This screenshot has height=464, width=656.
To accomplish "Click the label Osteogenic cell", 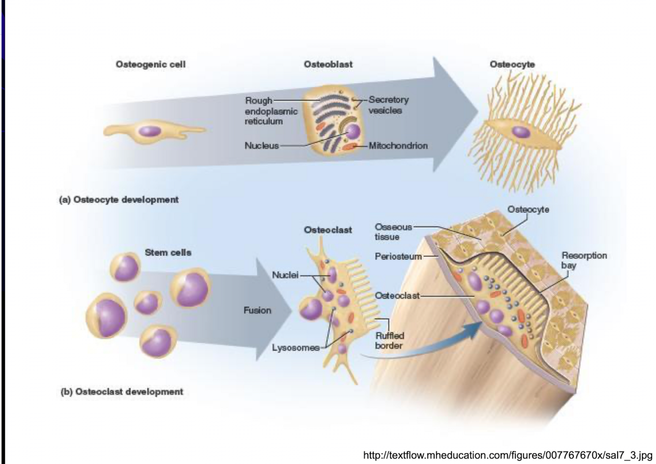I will coord(150,64).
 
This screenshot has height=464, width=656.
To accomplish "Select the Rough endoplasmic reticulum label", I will coord(270,111).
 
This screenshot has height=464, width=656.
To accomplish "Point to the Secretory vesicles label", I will coord(388,105).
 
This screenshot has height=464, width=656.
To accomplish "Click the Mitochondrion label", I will coord(398,146).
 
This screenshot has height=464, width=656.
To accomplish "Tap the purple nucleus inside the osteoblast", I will coord(353,132).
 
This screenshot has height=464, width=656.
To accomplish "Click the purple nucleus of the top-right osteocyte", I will coord(520,131).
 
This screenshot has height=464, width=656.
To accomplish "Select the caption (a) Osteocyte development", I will coord(119,200).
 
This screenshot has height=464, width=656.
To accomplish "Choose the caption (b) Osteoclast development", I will coord(121,392).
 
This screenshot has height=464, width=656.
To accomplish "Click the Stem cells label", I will coord(168,252).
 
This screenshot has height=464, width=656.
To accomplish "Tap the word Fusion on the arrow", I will coord(257,310).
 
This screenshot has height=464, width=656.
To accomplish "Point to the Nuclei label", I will coord(285,275).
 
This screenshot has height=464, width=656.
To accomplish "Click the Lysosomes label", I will coord(296,348).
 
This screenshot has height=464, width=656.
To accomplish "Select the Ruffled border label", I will coord(389,340).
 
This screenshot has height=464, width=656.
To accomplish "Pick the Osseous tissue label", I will coord(393,232).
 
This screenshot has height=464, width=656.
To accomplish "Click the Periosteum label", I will coord(398,256).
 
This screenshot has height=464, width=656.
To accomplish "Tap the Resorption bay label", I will coord(584,260).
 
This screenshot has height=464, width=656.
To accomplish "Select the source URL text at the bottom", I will coord(507,455).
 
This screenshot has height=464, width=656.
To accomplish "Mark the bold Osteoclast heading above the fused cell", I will coord(328,230).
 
